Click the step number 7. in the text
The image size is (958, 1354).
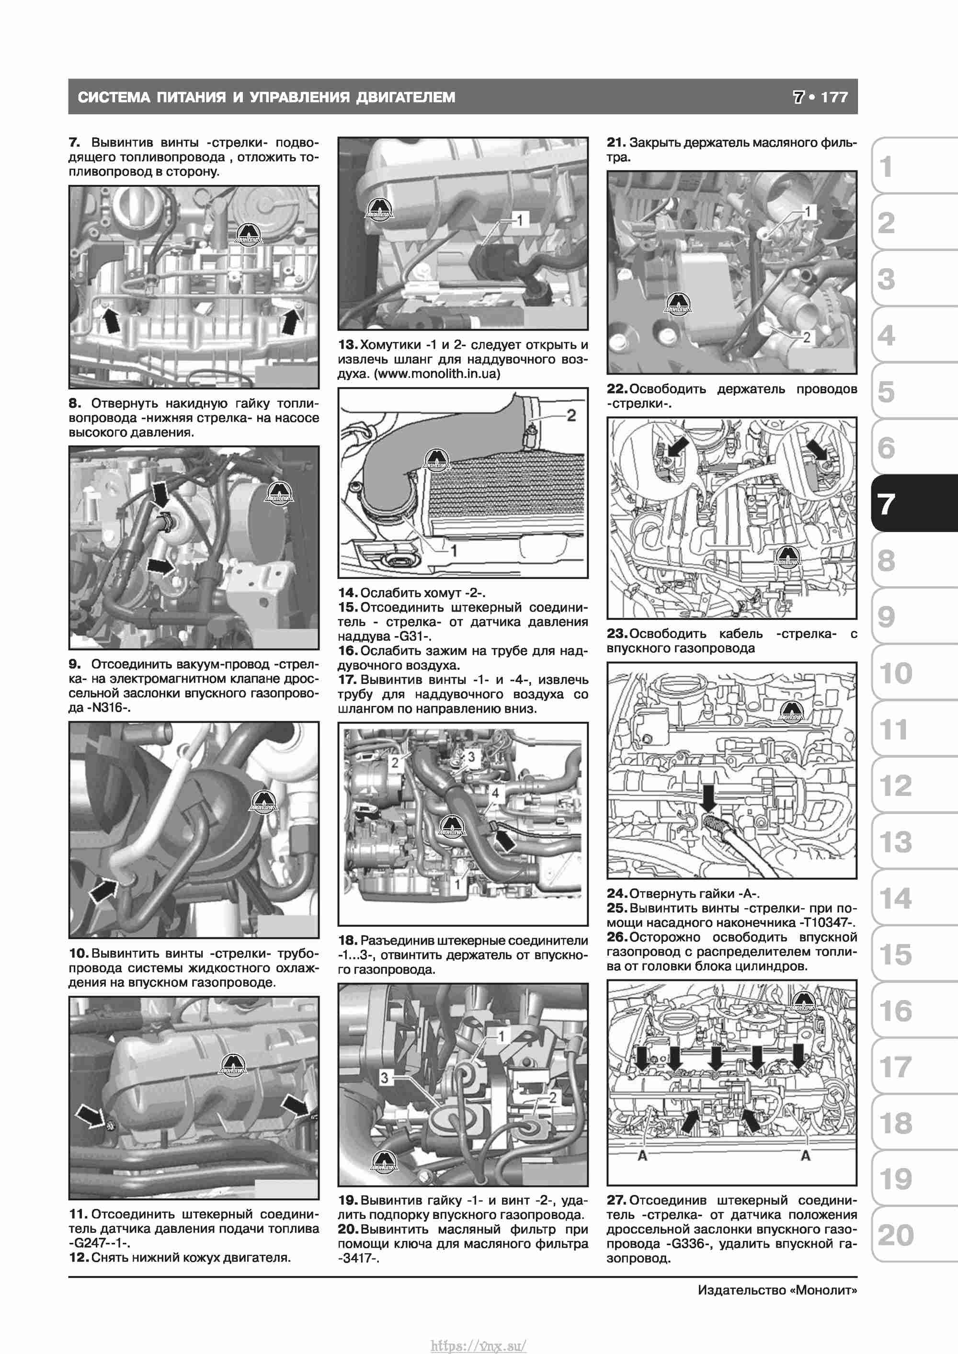click(x=74, y=142)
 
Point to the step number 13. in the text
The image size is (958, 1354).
click(x=348, y=344)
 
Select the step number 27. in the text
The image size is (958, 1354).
click(x=617, y=1200)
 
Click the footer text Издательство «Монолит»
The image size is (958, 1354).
click(x=777, y=1290)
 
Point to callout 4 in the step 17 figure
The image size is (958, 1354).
click(x=495, y=793)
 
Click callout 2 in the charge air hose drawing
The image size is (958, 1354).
click(x=571, y=416)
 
